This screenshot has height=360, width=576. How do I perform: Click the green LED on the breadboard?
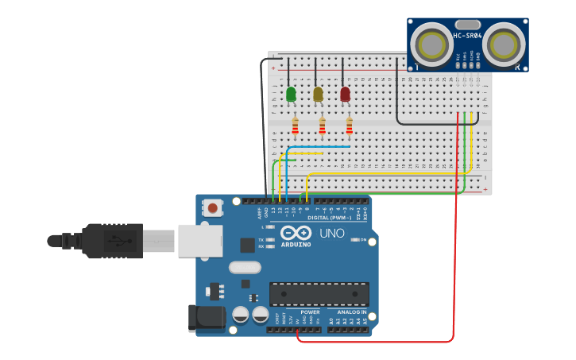click(x=291, y=94)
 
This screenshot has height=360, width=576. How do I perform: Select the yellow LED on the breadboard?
click(x=318, y=94)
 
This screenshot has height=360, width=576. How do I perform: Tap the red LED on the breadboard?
click(x=345, y=94)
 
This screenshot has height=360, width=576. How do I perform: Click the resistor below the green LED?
click(x=296, y=126)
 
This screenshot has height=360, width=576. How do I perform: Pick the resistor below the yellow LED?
click(x=322, y=126)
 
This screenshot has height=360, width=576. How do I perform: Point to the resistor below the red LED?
click(x=349, y=126)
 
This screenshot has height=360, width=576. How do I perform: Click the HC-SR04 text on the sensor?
click(x=467, y=36)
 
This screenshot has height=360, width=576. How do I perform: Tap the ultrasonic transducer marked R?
click(x=505, y=44)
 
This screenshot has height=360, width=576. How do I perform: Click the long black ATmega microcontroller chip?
click(x=318, y=294)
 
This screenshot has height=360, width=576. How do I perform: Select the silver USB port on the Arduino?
click(x=196, y=240)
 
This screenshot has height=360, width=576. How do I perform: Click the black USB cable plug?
click(x=111, y=240)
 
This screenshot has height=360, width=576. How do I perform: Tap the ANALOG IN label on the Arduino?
click(x=351, y=312)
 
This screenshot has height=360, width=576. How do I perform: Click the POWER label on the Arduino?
click(x=310, y=312)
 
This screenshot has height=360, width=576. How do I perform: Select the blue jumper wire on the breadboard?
click(x=318, y=146)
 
